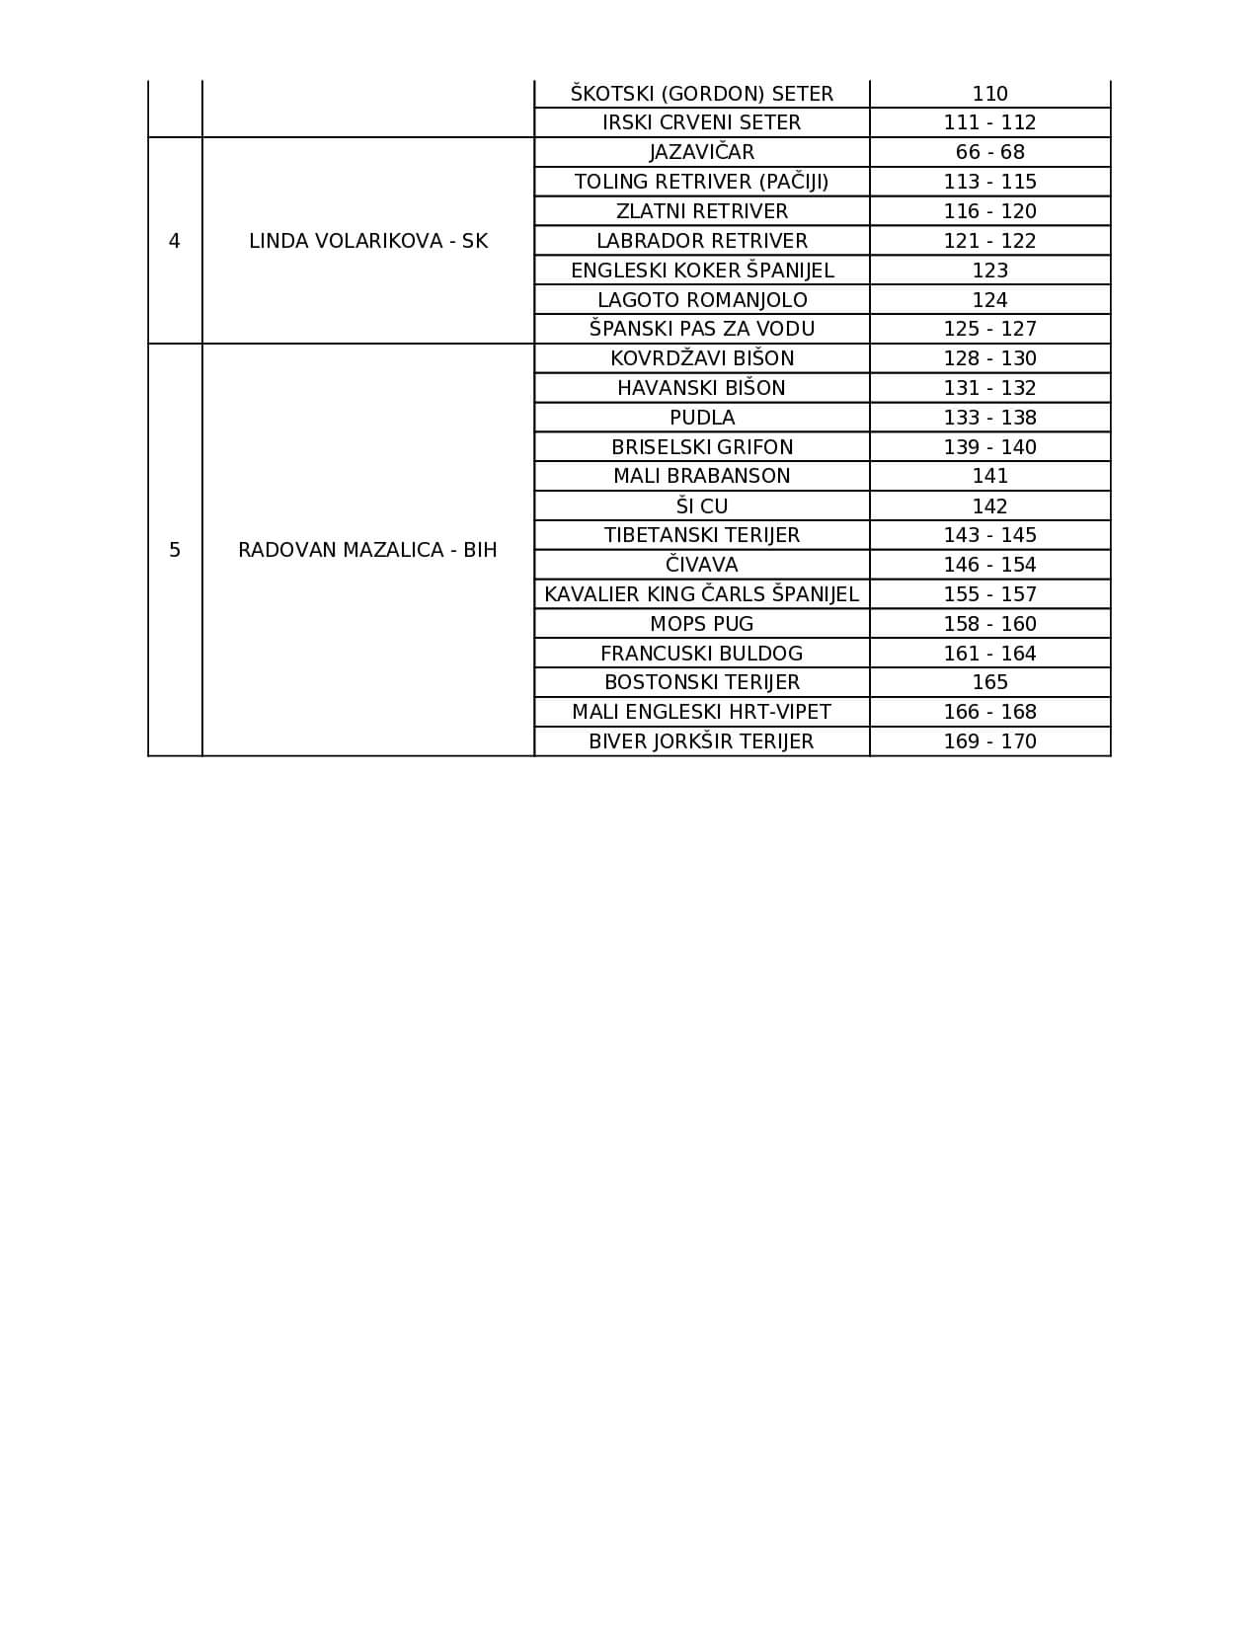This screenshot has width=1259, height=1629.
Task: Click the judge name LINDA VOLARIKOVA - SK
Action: (x=368, y=241)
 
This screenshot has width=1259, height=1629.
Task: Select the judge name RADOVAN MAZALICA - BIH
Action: (x=367, y=550)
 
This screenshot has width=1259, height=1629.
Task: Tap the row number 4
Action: (x=175, y=241)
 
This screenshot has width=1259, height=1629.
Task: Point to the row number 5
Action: (x=175, y=550)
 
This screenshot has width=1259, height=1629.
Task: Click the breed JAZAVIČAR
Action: (x=701, y=152)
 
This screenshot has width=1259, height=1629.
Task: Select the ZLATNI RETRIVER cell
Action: (x=701, y=211)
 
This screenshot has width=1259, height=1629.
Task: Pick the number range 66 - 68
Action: (x=989, y=152)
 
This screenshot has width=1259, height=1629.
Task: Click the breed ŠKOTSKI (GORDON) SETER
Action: (x=701, y=94)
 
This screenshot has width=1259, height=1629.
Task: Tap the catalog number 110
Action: (x=989, y=94)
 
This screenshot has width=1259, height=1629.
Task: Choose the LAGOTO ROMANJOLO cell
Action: (x=701, y=300)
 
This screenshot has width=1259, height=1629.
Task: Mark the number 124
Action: (x=989, y=300)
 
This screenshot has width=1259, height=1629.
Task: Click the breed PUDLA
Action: (x=701, y=418)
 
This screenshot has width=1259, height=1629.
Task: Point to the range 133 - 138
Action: (x=989, y=418)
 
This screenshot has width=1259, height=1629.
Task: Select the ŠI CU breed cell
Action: (x=701, y=506)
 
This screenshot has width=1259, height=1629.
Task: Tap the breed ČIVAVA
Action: (x=701, y=565)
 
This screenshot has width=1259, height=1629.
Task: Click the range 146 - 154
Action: (x=989, y=565)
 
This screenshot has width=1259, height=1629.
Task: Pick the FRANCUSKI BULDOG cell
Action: (x=701, y=654)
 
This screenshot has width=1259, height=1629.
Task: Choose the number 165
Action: (x=989, y=682)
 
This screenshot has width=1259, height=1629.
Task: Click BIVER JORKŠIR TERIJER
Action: (x=701, y=741)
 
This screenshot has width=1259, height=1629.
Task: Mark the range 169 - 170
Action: (x=989, y=741)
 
